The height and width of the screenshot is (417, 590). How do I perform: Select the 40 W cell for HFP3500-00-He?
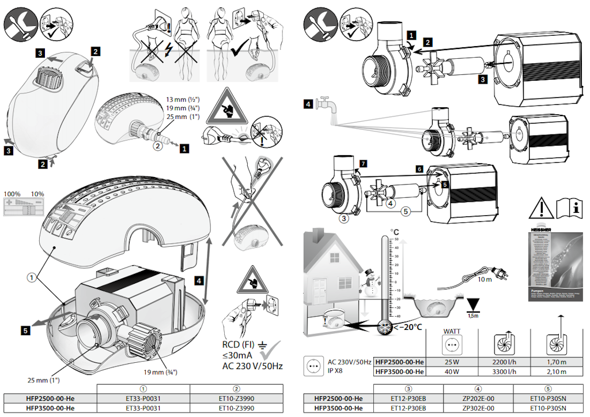pyautogui.click(x=448, y=372)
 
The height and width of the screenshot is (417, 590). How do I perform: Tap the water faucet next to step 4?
pyautogui.click(x=328, y=106)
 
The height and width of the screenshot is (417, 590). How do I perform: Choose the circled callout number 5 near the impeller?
pyautogui.click(x=406, y=211)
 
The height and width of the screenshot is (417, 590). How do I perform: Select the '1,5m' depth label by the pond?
pyautogui.click(x=474, y=316)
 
